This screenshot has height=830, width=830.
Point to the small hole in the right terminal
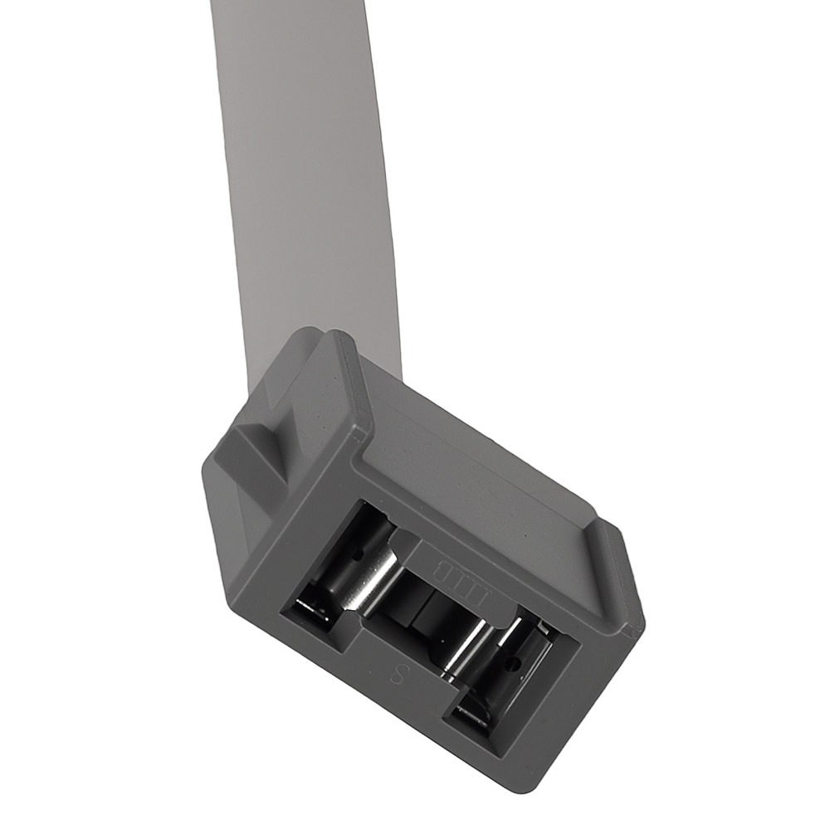click(x=515, y=665)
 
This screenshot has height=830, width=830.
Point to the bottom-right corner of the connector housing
click(x=531, y=780)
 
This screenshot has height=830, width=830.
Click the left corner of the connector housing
click(x=207, y=481)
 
